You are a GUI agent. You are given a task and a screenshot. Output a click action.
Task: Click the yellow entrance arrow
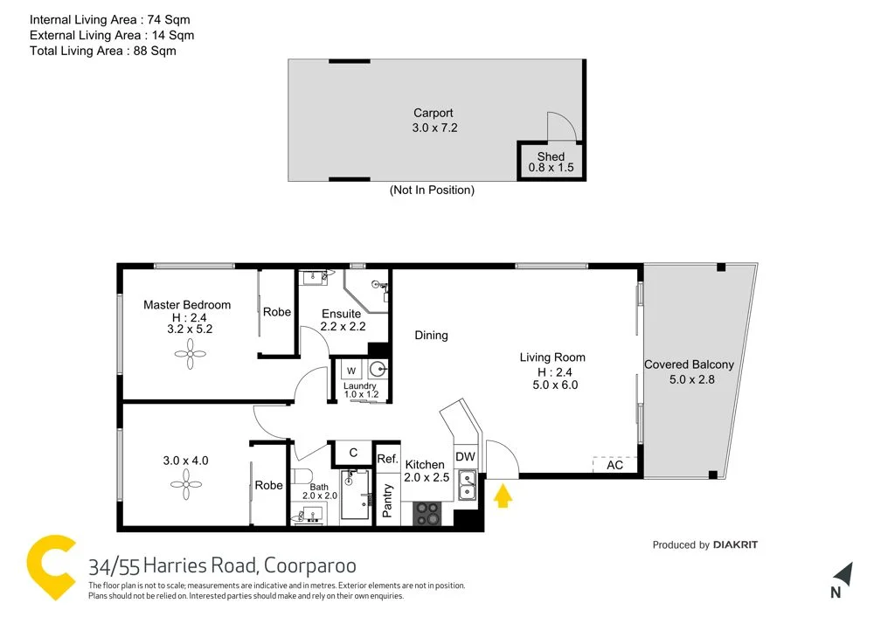[x=503, y=497]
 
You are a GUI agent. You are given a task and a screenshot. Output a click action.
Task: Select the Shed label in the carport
[x=551, y=157]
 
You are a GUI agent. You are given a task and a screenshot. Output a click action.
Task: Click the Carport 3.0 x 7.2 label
[x=434, y=120]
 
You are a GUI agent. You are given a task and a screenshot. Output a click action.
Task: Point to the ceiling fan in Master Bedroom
[x=189, y=354]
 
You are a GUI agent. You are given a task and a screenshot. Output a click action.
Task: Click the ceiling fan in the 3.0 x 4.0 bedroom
[x=185, y=484]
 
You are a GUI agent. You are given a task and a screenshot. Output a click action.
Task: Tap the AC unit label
[x=614, y=465]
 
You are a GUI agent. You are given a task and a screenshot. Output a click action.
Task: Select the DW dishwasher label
[x=465, y=456]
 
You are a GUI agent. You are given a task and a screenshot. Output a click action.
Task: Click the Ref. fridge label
[x=387, y=459]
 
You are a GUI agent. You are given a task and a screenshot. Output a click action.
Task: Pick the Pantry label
[x=388, y=501]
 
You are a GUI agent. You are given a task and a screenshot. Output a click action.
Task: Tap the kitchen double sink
[x=468, y=482]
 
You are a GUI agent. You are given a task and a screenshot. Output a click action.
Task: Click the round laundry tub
[x=377, y=369]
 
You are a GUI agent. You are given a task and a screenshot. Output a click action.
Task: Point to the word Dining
[x=431, y=336]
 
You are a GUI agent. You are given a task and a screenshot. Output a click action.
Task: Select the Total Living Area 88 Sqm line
[x=102, y=51]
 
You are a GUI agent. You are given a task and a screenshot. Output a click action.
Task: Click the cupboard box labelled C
[x=353, y=453]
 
